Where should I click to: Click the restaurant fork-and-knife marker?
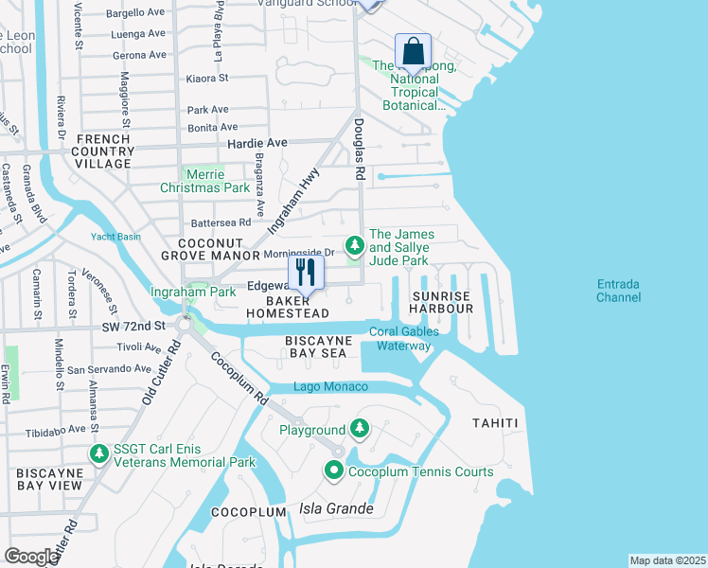[305, 273]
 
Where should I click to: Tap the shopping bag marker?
[413, 50]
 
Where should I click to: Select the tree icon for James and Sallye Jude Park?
[355, 246]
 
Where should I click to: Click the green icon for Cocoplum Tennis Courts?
[334, 470]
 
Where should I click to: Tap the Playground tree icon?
[359, 430]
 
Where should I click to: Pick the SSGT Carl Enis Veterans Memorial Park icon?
[98, 454]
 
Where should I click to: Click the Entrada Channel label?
[618, 291]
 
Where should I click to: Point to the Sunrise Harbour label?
[441, 302]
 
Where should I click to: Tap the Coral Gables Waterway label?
[403, 338]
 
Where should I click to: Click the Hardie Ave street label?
[257, 142]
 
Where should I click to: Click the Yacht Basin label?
[115, 237]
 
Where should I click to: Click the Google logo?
[30, 556]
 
